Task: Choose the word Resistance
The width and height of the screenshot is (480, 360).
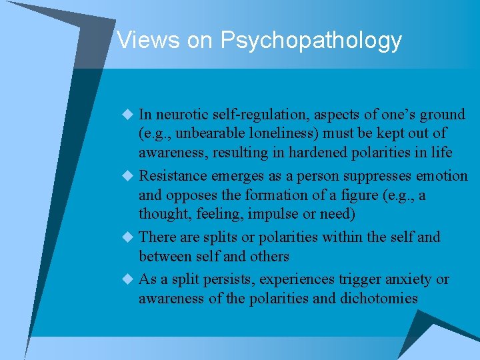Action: (x=173, y=176)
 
